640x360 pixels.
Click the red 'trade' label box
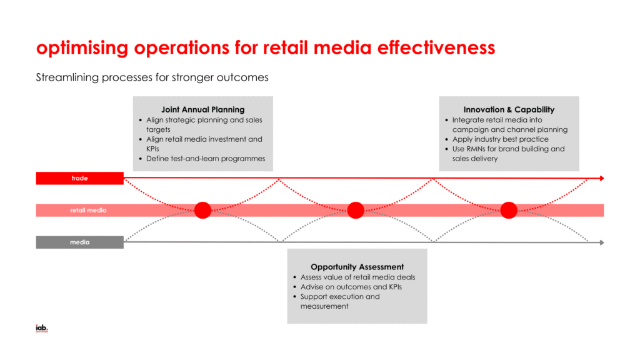pyautogui.click(x=79, y=179)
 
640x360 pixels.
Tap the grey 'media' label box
pyautogui.click(x=79, y=242)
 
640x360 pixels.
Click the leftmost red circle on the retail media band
pyautogui.click(x=202, y=211)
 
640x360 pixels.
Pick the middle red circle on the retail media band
pyautogui.click(x=356, y=211)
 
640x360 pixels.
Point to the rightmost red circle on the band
pyautogui.click(x=509, y=211)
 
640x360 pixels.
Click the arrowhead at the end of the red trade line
pyautogui.click(x=602, y=179)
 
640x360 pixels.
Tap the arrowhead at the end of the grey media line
pyautogui.click(x=602, y=242)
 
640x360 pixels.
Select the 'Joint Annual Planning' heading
pyautogui.click(x=203, y=109)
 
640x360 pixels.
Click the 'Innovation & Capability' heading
pyautogui.click(x=509, y=109)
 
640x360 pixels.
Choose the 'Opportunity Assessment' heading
pyautogui.click(x=357, y=267)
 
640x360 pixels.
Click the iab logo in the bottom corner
pyautogui.click(x=42, y=328)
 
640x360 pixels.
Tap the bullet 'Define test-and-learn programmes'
pyautogui.click(x=206, y=159)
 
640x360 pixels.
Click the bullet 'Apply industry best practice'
pyautogui.click(x=500, y=139)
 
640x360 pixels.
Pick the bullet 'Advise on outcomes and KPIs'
pyautogui.click(x=351, y=287)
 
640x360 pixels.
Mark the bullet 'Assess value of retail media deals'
pyautogui.click(x=357, y=277)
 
